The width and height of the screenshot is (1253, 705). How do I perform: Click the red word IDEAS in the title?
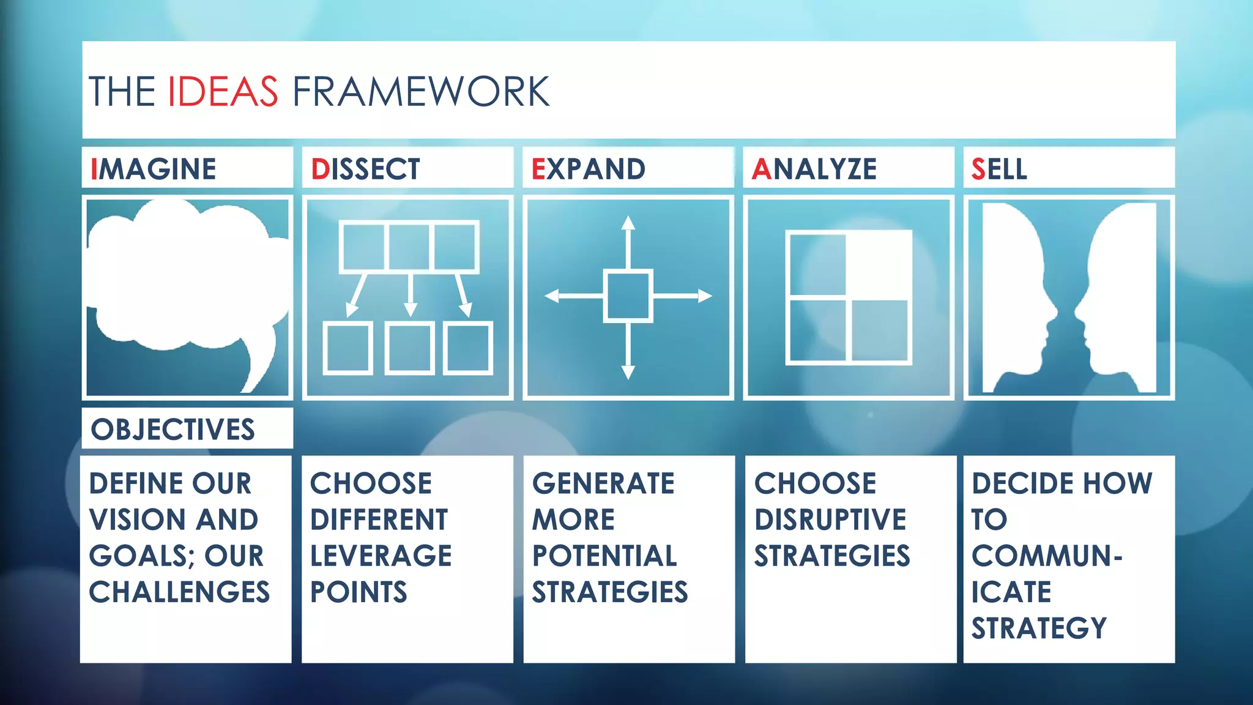click(x=223, y=92)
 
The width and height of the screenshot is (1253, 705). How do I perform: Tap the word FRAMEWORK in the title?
click(x=421, y=92)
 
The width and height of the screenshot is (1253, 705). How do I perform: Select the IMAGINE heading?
click(x=153, y=169)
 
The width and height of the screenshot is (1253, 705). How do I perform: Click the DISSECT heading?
click(x=365, y=169)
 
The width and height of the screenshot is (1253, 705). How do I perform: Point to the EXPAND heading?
click(x=588, y=169)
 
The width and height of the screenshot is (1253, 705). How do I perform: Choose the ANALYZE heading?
click(x=814, y=169)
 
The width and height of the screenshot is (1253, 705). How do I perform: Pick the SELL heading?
click(x=999, y=169)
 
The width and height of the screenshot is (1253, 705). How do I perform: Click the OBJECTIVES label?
click(x=173, y=429)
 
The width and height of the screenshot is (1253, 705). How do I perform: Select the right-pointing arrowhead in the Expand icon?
click(x=705, y=296)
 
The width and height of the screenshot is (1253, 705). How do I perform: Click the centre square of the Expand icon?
click(x=628, y=296)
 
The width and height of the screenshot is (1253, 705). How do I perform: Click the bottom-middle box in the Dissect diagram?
click(x=409, y=348)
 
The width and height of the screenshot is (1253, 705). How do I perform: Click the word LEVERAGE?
click(x=381, y=556)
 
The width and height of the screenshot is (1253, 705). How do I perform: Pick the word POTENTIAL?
click(x=604, y=556)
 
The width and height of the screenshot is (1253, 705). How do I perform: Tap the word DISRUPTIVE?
click(x=830, y=520)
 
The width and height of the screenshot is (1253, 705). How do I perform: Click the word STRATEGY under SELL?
click(x=1039, y=628)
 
